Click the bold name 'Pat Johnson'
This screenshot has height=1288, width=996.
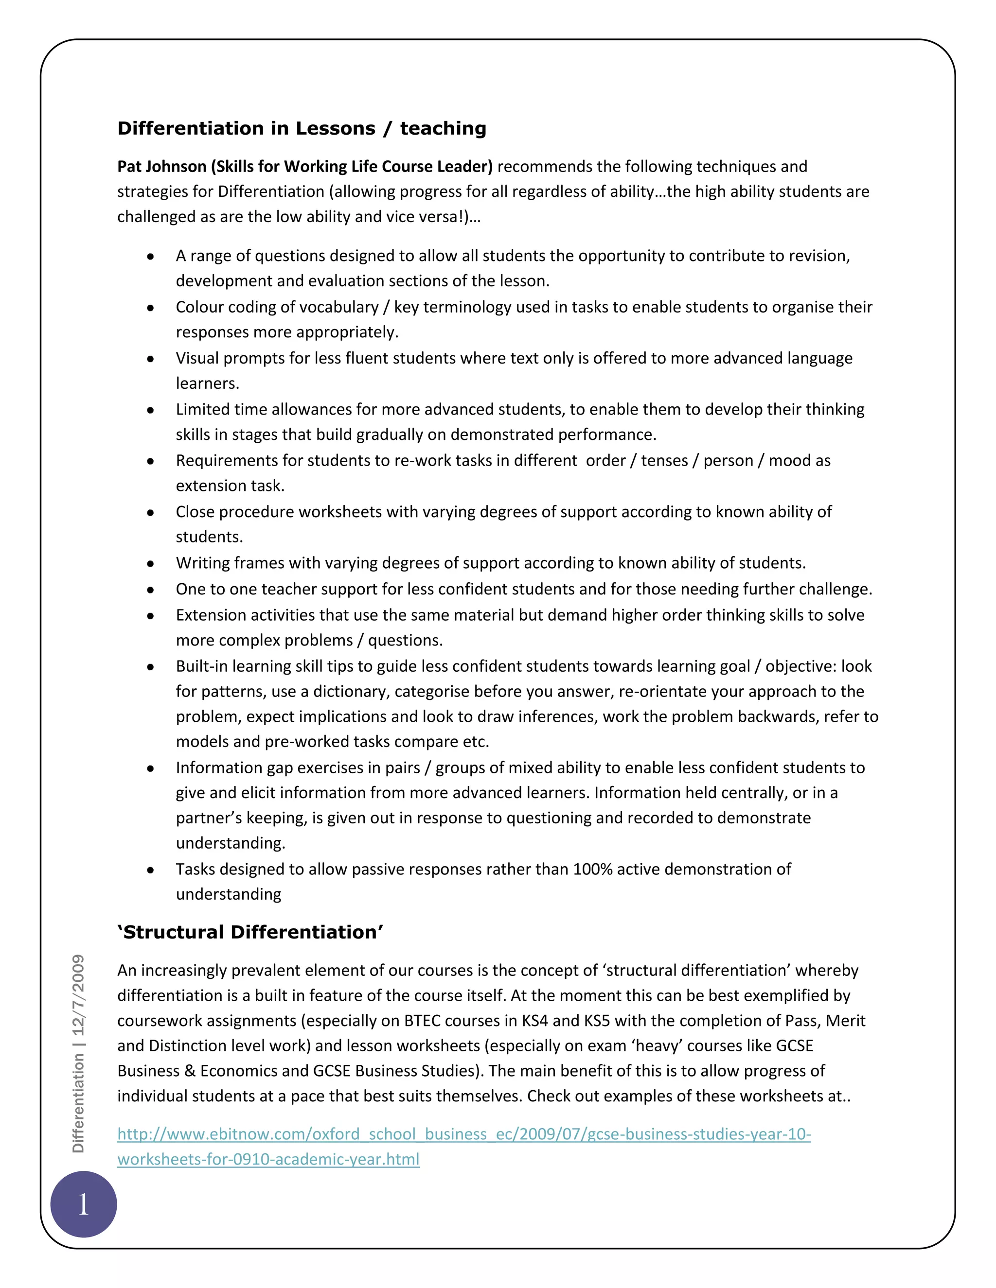[161, 167]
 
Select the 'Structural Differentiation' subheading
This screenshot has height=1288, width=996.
[251, 932]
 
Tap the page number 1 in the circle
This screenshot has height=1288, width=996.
[84, 1203]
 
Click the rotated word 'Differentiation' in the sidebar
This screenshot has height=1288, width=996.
[78, 1103]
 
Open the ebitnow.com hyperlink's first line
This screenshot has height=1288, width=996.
[464, 1134]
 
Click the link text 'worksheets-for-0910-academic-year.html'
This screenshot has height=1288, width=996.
[268, 1159]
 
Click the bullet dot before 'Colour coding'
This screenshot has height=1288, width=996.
[151, 308]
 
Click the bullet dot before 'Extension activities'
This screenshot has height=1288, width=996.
[151, 616]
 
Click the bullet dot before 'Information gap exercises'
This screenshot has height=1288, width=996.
[151, 768]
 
